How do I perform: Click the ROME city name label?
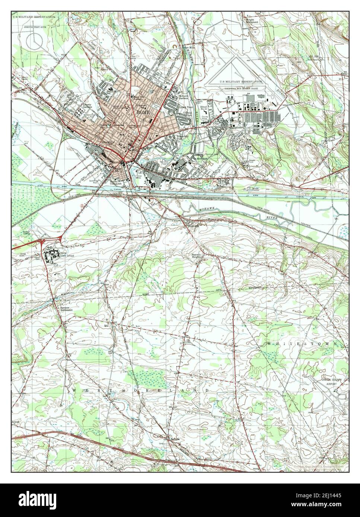point(142,112)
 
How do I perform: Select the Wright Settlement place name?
point(252,21)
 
